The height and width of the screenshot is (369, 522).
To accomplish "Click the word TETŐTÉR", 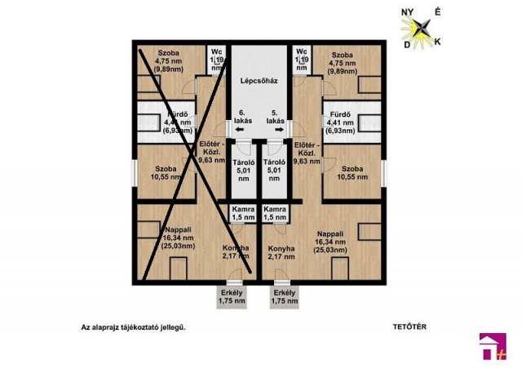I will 410,327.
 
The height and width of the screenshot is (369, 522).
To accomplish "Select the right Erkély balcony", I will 285,297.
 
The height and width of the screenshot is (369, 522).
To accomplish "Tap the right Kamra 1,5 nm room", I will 275,214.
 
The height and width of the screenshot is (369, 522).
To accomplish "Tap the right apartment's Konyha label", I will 281,253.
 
